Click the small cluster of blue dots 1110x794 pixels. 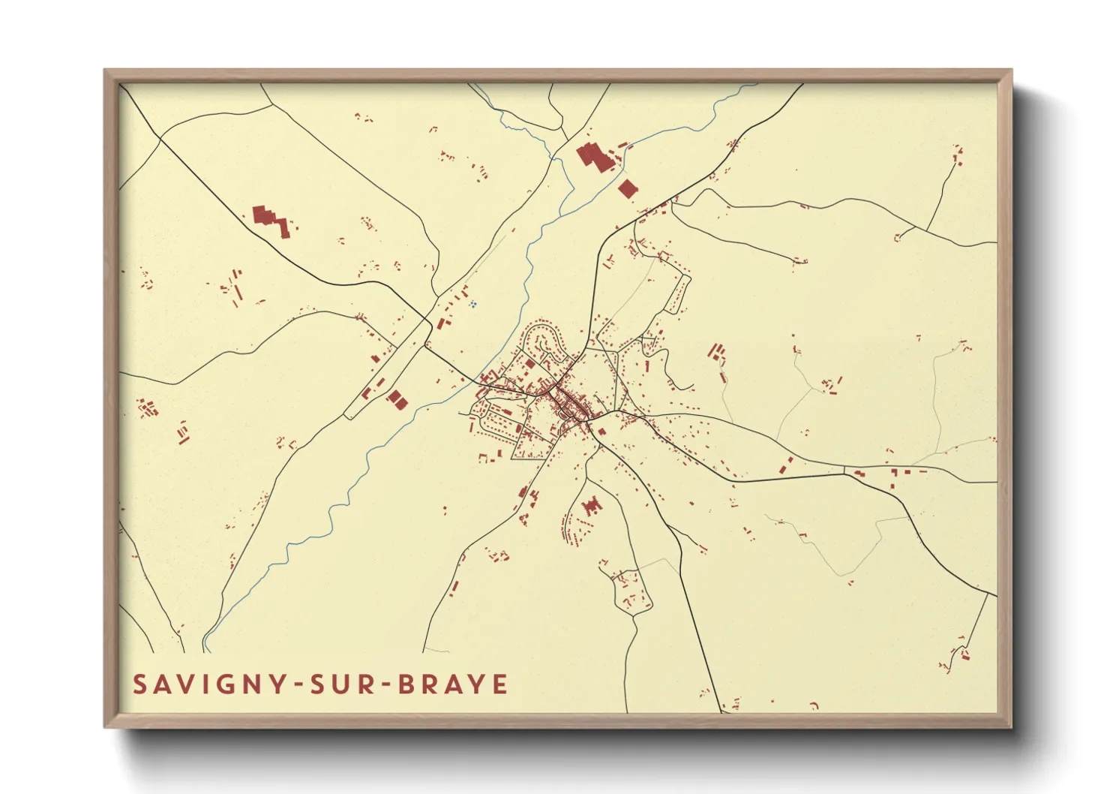coord(472,304)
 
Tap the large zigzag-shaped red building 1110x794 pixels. coord(271,221)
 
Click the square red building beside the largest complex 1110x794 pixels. coord(628,188)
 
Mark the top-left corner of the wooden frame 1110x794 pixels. coord(105,71)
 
